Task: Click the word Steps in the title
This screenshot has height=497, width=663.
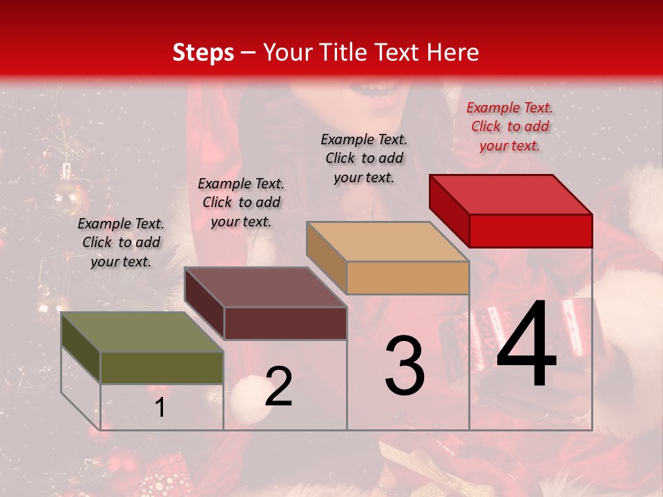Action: coord(203,52)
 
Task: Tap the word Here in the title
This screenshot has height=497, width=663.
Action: coord(452,52)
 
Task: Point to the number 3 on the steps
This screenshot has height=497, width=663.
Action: coord(405,366)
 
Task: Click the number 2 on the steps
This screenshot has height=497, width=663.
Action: coord(278,387)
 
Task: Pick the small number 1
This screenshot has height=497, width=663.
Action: coord(160,408)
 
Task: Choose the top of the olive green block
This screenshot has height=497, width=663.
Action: coord(142,332)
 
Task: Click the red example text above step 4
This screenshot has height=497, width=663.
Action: coord(510,126)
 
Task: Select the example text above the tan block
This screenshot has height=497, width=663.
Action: coord(364,158)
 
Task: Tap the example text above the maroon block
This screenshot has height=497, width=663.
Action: coord(241,202)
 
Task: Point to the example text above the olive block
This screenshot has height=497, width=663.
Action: coord(121,242)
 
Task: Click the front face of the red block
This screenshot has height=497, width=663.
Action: coord(530,231)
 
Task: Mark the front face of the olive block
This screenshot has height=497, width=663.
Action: coord(162,368)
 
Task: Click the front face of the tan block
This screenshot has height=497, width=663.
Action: coord(407,278)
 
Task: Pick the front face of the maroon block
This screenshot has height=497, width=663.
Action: coord(285,323)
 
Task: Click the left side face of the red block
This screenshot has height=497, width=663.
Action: coord(449,210)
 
